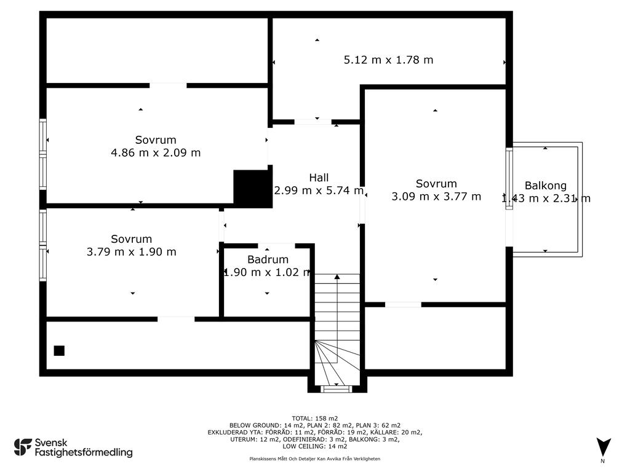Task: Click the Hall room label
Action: coord(319,178)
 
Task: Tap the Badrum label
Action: coord(268,259)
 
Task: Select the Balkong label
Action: coord(545,186)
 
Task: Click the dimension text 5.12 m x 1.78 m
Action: coord(388,60)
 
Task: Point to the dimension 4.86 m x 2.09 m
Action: coord(156,152)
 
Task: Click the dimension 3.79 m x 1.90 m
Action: coord(132,251)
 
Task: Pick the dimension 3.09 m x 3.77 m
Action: coord(436,196)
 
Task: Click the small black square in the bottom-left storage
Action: coord(59,351)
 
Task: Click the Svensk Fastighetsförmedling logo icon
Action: coord(23,447)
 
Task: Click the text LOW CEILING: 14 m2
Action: coord(314,446)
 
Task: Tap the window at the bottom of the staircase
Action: coord(337,388)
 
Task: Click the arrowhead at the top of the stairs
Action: coord(337,277)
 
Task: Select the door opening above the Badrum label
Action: coord(276,245)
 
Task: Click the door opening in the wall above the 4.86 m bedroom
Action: coord(168,85)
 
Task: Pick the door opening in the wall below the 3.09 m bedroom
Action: coord(403,305)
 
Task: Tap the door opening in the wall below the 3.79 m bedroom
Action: coord(175,319)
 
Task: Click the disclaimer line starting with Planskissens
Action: coord(314,458)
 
